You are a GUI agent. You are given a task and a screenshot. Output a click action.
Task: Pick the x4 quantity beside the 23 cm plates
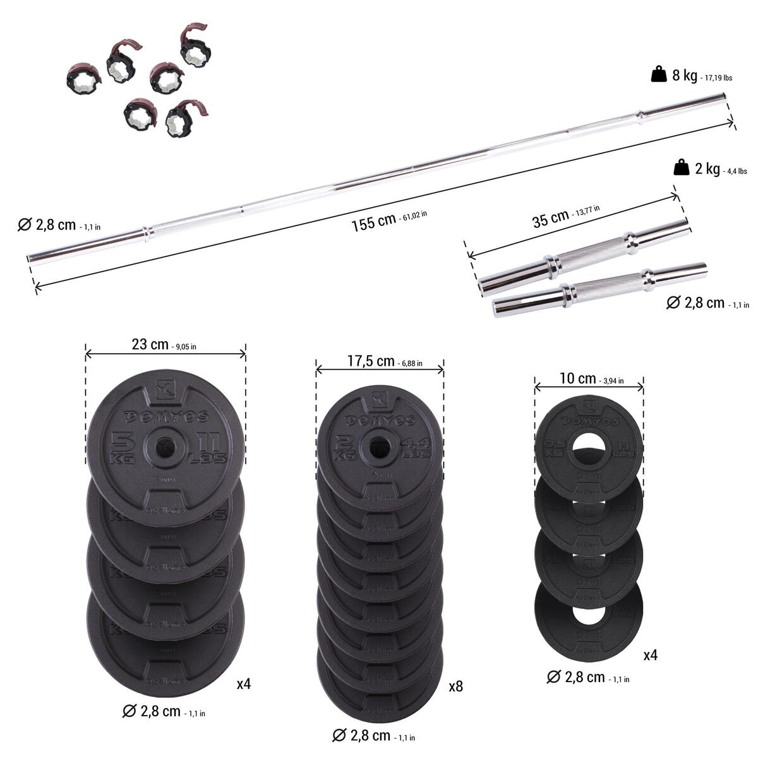[244, 683]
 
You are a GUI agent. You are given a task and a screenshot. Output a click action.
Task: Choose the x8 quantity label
[455, 686]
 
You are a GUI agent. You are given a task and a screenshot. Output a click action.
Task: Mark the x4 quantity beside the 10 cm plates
[650, 656]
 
